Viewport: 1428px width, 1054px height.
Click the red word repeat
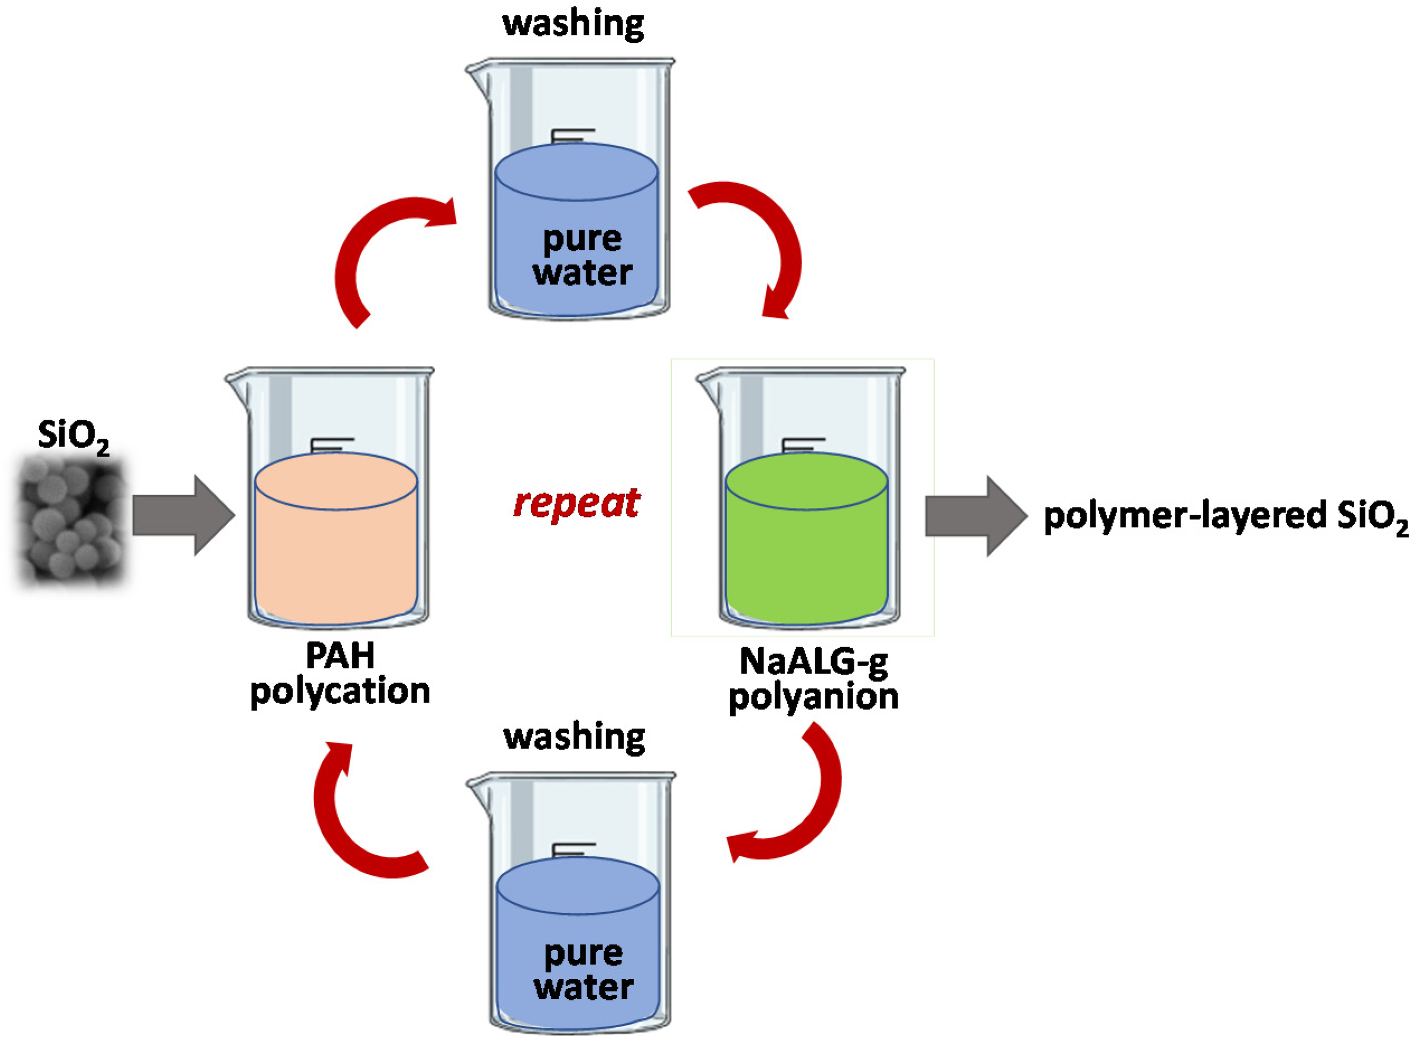coord(576,504)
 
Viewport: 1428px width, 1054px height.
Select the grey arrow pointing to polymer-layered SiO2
coord(976,515)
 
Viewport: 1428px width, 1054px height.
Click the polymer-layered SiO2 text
coord(1225,517)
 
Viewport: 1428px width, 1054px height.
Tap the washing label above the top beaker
coord(573,23)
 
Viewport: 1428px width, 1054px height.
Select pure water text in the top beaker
coord(582,255)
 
